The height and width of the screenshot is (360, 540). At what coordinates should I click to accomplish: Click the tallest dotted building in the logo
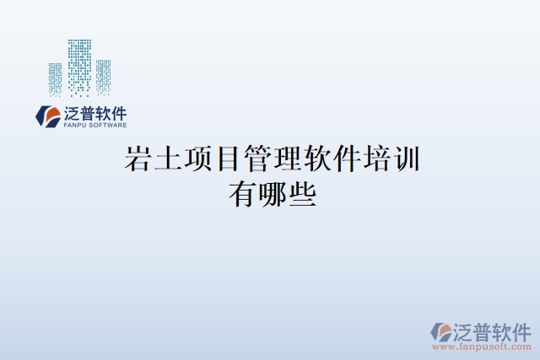click(x=79, y=67)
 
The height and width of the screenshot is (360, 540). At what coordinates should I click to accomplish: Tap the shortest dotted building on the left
click(x=56, y=80)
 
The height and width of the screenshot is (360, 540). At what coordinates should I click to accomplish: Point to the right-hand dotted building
click(x=103, y=77)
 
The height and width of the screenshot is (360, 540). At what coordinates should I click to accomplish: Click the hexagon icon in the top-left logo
click(x=46, y=116)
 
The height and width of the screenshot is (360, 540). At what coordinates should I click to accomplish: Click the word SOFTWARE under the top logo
click(x=107, y=125)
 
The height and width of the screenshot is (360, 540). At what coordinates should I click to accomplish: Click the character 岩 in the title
click(x=138, y=159)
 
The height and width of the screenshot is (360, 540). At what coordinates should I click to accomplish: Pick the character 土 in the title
click(x=168, y=159)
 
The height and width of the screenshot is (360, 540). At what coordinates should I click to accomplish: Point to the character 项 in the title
click(x=197, y=159)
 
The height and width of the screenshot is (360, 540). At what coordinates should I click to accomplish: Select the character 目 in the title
click(x=226, y=159)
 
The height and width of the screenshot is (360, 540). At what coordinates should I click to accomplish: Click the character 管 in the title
click(x=256, y=159)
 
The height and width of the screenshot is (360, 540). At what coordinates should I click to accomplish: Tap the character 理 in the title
click(x=285, y=159)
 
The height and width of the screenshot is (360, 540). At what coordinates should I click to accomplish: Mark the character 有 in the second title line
click(x=241, y=195)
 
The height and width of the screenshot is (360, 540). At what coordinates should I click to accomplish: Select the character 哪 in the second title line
click(x=271, y=195)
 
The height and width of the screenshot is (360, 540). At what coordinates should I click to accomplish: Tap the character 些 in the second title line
click(x=300, y=195)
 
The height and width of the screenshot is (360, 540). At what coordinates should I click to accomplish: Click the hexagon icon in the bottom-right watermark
click(x=441, y=332)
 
